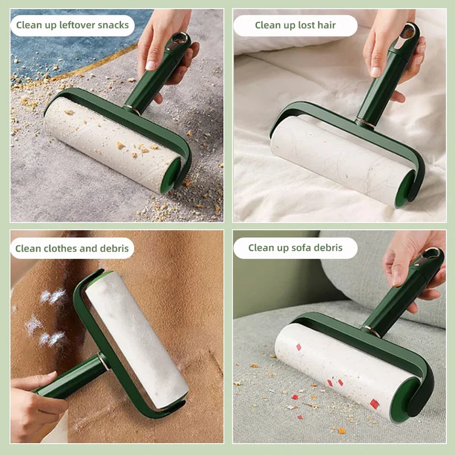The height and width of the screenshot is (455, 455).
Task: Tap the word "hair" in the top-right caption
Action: click(x=326, y=25)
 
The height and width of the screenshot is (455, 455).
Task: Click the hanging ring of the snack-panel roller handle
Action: click(x=180, y=38)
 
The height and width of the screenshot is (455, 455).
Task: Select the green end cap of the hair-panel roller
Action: click(x=405, y=189)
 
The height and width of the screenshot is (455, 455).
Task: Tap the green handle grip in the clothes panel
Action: click(x=69, y=377)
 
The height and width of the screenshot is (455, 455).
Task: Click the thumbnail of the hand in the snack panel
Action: click(x=151, y=65)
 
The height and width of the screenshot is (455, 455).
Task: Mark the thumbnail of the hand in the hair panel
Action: click(x=375, y=72)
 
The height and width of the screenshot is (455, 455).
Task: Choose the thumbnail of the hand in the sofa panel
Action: click(x=397, y=279)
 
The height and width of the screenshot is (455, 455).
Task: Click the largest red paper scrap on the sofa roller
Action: click(x=374, y=404)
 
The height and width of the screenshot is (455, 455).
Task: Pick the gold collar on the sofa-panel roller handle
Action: click(x=371, y=330)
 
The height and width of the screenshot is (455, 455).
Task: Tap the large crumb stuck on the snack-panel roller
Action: click(x=121, y=145)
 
